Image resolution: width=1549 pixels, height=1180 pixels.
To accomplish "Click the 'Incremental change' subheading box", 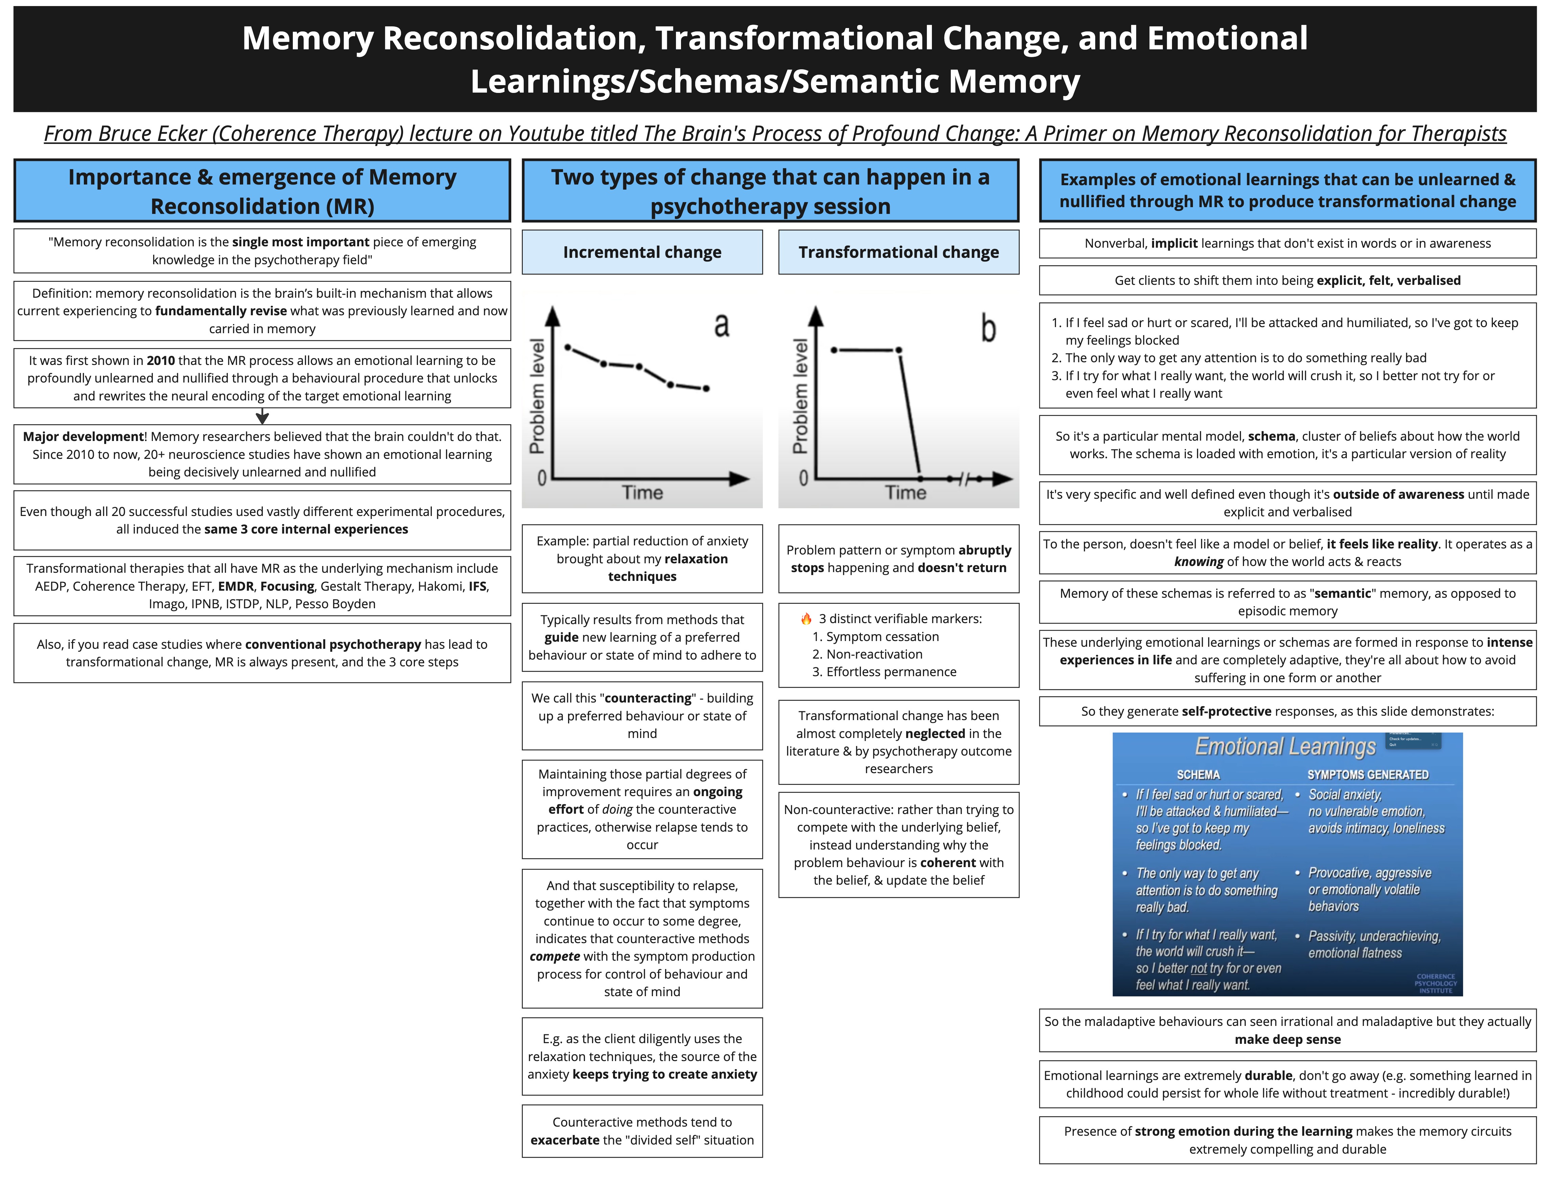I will click(x=642, y=252).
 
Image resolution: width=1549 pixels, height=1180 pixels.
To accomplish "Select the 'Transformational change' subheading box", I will click(x=898, y=252).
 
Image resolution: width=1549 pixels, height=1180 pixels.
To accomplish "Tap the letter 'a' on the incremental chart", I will click(x=721, y=325).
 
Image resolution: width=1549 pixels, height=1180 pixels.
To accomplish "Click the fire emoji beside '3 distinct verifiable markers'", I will click(x=806, y=619).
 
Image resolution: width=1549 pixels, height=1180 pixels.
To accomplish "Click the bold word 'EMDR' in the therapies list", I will click(x=235, y=586).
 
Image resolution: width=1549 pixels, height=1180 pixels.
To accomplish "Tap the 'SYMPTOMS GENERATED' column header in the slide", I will click(x=1368, y=775).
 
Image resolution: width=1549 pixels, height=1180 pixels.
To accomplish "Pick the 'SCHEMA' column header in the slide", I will click(x=1198, y=775).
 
